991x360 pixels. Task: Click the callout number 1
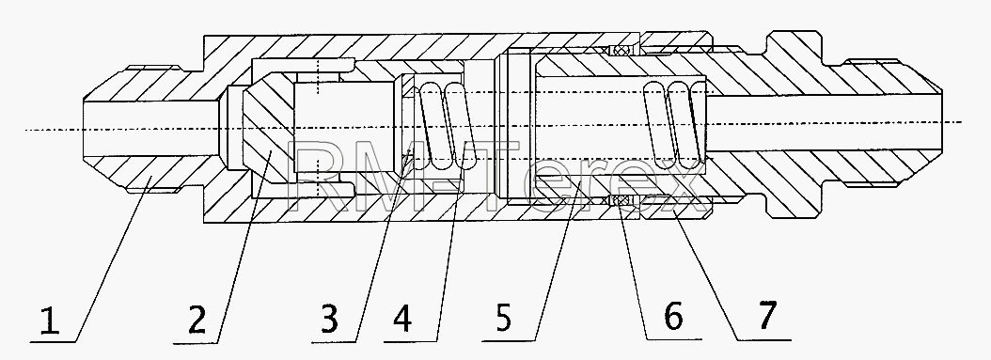50,321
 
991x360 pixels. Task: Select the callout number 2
197,319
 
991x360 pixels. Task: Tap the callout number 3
329,319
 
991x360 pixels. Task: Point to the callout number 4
402,319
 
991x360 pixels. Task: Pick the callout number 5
502,318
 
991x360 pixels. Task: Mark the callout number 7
766,315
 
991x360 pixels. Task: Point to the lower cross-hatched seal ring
622,200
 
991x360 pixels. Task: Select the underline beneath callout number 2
196,343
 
